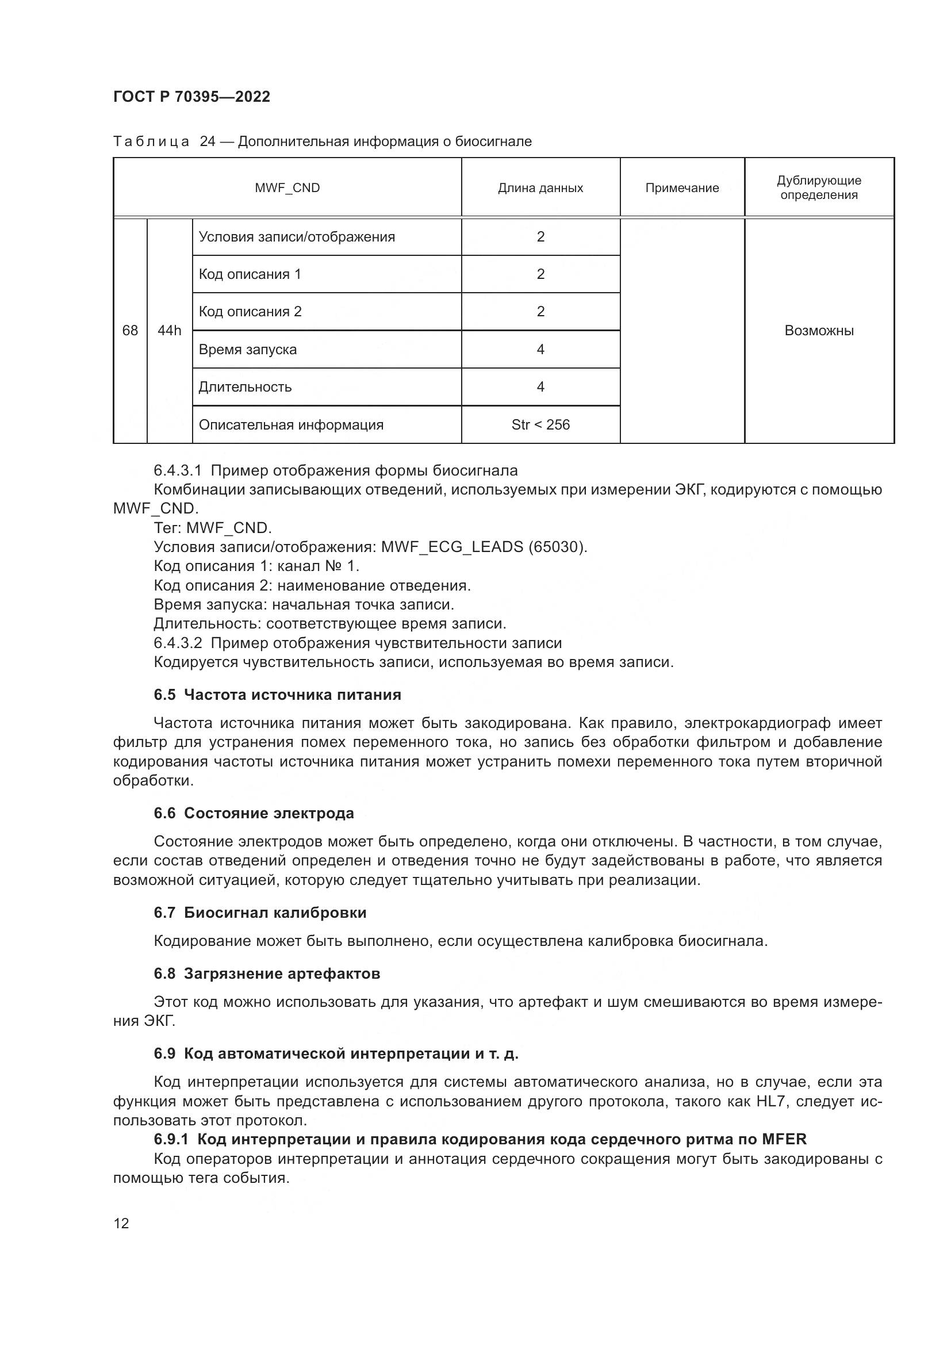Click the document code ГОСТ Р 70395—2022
191,97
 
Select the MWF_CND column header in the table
287,188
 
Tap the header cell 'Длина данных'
540,188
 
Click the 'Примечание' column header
682,188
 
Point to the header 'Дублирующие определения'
819,187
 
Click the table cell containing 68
130,331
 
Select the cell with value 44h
169,331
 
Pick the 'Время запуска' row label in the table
248,350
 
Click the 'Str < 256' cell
540,425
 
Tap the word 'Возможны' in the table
819,331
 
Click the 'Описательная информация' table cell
291,425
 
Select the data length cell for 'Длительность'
540,387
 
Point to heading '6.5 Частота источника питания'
277,695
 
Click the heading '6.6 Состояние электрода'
254,813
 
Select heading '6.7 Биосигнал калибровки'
260,913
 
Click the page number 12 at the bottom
121,1223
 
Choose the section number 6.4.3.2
178,643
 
